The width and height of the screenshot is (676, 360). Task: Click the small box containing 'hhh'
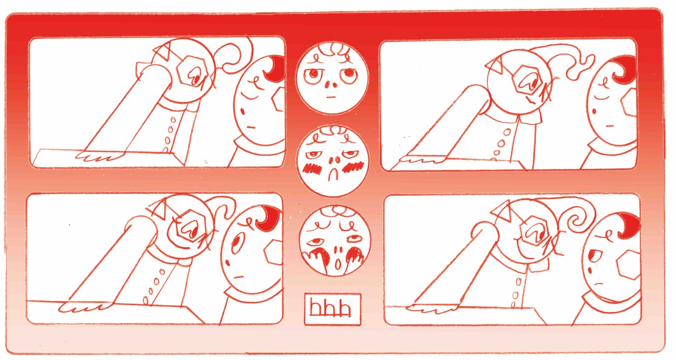(x=332, y=309)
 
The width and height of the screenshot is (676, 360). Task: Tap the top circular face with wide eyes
(x=332, y=78)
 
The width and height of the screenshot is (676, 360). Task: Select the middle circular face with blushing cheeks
(x=332, y=160)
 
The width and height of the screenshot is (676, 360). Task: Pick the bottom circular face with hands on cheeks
(x=334, y=240)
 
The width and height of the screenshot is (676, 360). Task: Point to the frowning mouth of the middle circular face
(x=333, y=174)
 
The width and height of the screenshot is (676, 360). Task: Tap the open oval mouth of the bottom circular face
(x=338, y=264)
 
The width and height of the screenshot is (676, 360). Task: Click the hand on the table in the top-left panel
(x=99, y=156)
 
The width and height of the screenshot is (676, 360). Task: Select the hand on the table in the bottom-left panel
(x=84, y=307)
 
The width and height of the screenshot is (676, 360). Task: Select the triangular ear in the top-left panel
(x=161, y=52)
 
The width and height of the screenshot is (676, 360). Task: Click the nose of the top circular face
(x=331, y=84)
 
